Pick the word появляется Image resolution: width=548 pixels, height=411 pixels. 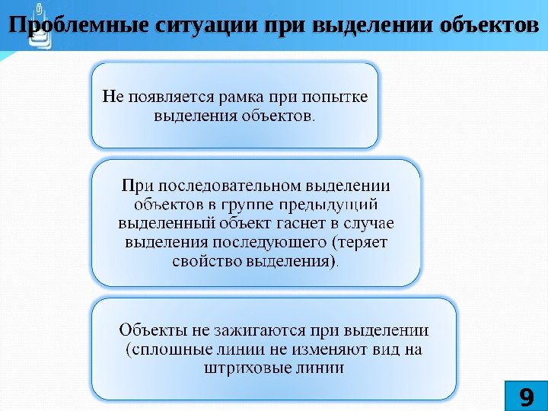[169, 97]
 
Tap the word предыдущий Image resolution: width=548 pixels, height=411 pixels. [340, 204]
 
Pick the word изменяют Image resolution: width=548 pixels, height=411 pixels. [329, 350]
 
